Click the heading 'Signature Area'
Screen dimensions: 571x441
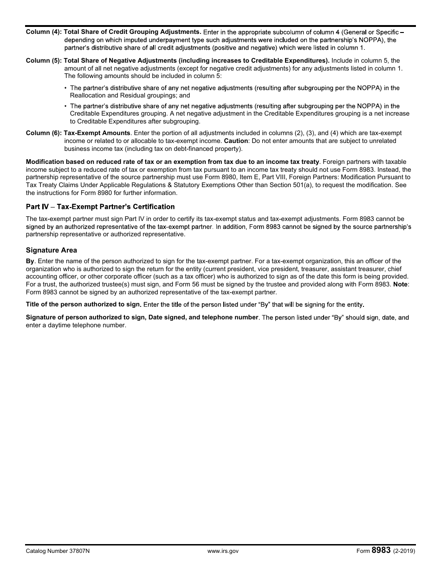pos(52,250)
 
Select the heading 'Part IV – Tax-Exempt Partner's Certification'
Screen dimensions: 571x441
pos(100,207)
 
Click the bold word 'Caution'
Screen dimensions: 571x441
pos(236,141)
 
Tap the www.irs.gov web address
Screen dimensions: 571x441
pos(223,551)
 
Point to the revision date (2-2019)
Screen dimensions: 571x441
pos(404,551)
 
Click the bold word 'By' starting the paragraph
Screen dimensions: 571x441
pos(30,261)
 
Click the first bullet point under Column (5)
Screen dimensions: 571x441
pos(65,88)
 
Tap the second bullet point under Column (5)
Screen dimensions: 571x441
pos(65,106)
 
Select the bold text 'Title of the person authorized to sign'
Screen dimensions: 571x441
pos(83,305)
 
